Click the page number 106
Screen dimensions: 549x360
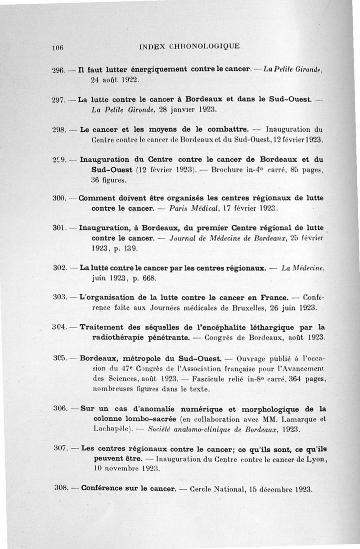point(57,46)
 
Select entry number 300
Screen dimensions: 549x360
point(59,198)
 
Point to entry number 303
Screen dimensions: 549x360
point(60,298)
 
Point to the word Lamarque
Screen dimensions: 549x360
point(294,419)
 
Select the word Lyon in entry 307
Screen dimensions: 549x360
point(317,459)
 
